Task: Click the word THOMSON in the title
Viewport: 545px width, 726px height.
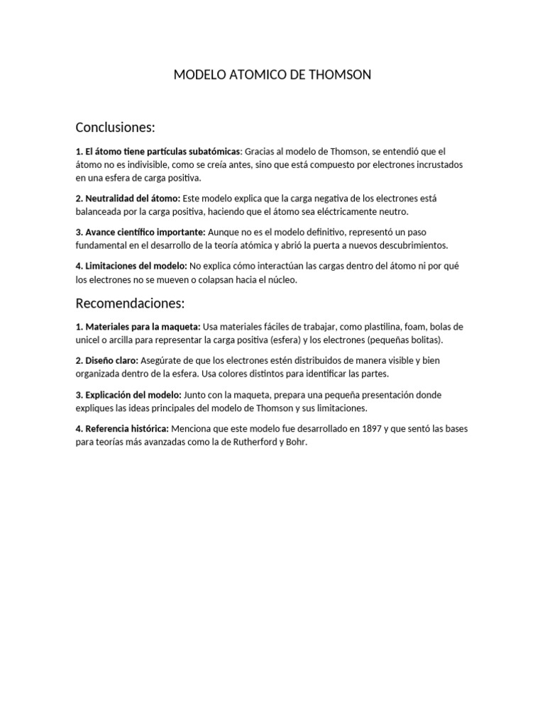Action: tap(341, 74)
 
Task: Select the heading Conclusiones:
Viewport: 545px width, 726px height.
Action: tap(115, 128)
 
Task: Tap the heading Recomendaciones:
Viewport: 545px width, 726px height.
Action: tap(130, 303)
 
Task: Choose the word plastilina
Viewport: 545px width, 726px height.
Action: tap(378, 326)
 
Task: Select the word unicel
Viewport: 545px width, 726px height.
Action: tap(89, 340)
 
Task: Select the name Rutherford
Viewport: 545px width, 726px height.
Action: tap(242, 442)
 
